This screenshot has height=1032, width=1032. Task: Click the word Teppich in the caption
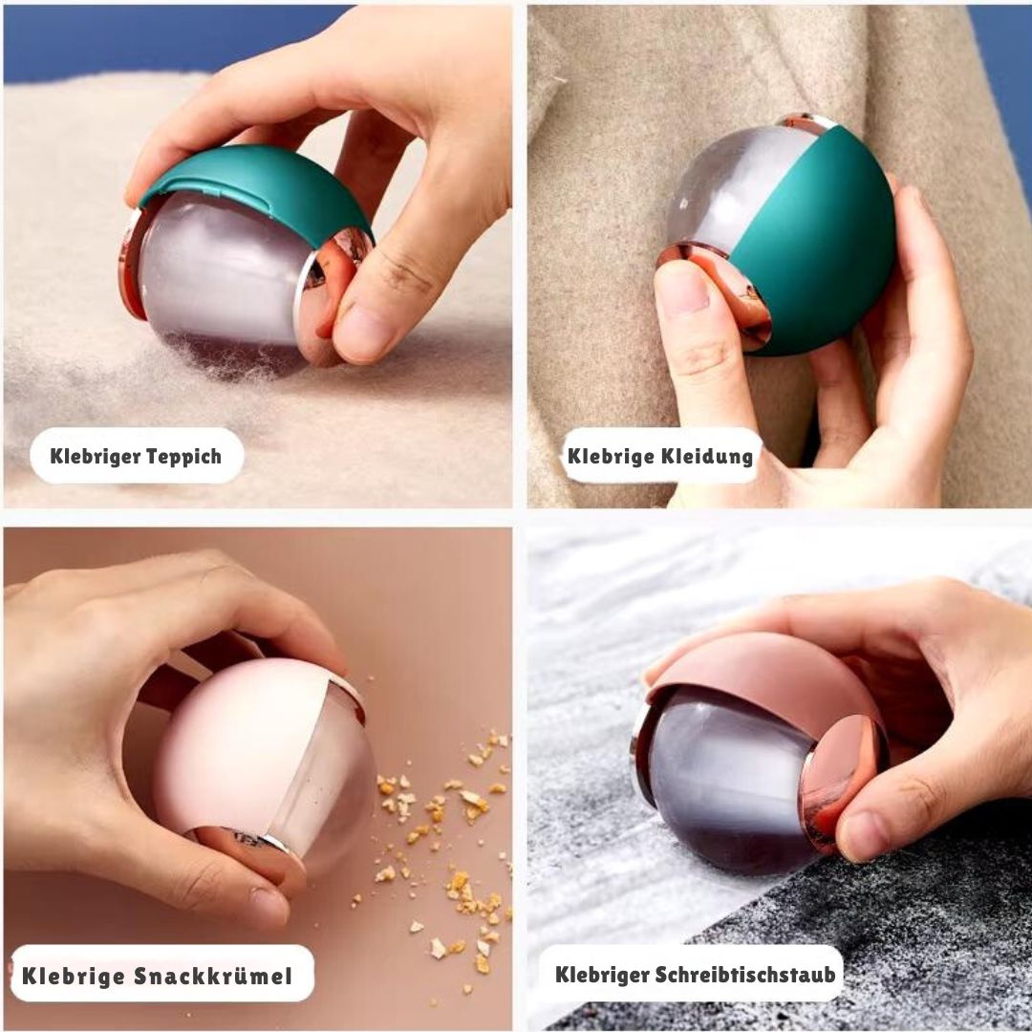click(183, 456)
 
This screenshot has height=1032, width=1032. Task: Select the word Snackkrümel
click(213, 976)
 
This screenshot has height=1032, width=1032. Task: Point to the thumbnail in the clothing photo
click(684, 290)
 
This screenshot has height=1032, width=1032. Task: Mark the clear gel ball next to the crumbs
click(329, 784)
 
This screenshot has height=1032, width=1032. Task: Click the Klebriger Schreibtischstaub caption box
click(691, 974)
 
